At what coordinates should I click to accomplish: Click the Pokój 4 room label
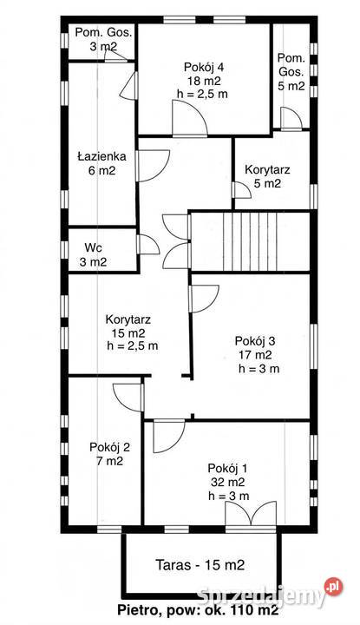tap(204, 67)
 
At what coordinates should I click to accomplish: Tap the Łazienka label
tap(101, 156)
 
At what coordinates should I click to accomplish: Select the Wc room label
tap(93, 247)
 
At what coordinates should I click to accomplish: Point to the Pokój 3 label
tap(255, 341)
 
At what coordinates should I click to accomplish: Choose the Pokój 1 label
tap(229, 468)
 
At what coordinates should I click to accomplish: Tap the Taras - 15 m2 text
tap(200, 565)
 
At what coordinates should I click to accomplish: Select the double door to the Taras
tap(251, 514)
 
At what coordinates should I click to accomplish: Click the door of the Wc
tap(148, 245)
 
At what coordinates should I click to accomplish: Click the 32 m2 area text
tap(228, 482)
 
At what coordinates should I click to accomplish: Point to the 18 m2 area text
tap(204, 81)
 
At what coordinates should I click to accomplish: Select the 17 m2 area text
tap(255, 354)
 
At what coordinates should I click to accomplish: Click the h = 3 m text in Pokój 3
tap(259, 369)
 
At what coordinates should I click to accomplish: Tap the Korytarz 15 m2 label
tap(128, 326)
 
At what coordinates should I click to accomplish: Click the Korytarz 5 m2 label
tap(267, 176)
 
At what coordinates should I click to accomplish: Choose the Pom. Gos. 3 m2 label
tap(103, 39)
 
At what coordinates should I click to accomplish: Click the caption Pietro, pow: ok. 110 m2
tap(198, 609)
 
